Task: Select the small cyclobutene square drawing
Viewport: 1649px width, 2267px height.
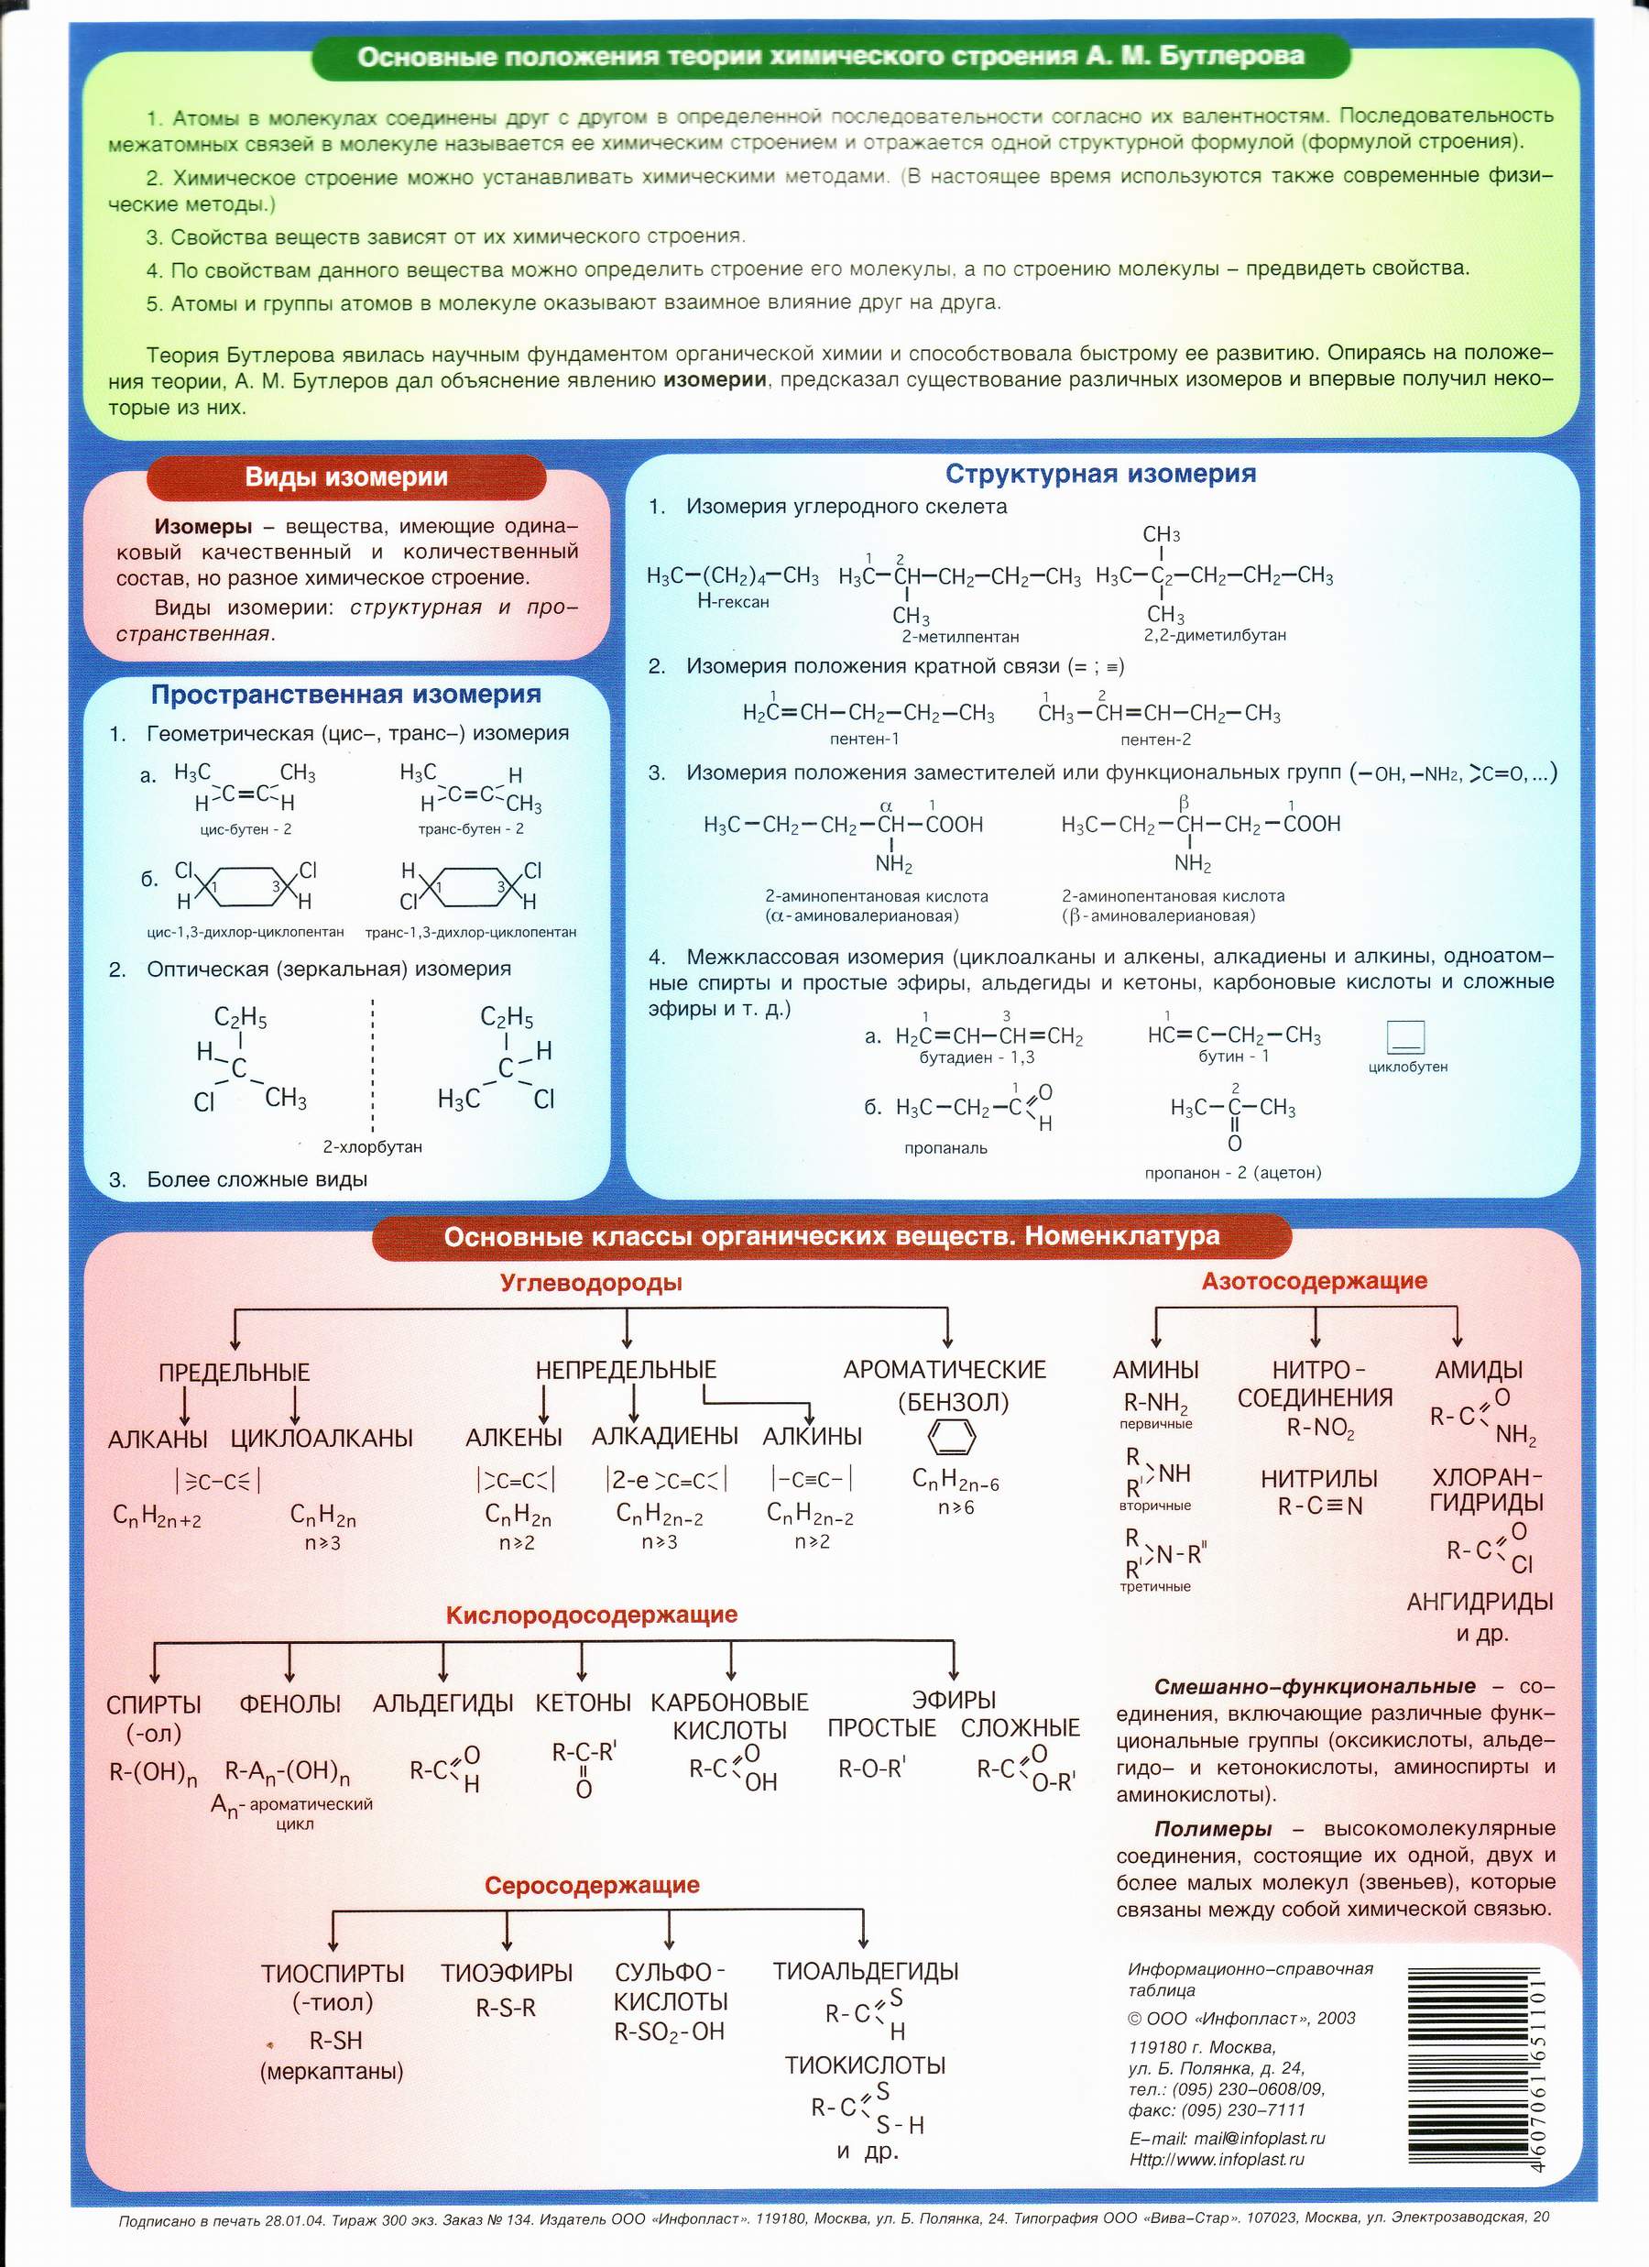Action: (x=1405, y=1036)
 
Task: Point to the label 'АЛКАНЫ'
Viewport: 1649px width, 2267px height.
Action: (x=158, y=1439)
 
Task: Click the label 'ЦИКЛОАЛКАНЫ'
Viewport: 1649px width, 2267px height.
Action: (x=321, y=1439)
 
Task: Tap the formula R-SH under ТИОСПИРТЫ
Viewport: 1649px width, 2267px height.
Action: (x=336, y=2040)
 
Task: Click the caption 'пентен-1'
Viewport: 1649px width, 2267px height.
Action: (x=865, y=739)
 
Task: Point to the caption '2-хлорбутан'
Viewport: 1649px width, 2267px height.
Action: (x=372, y=1146)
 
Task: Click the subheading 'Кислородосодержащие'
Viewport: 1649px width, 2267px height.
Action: (x=592, y=1615)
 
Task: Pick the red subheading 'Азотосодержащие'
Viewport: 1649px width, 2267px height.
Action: (x=1315, y=1280)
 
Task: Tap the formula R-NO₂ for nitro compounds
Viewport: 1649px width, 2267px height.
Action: (x=1320, y=1429)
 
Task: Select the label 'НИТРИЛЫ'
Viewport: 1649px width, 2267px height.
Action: (x=1318, y=1478)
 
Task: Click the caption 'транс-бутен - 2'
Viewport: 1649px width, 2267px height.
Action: (x=471, y=828)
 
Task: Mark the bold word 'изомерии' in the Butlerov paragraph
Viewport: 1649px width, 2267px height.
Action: (x=715, y=380)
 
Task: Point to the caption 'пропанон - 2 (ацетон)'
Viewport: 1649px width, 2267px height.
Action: (x=1232, y=1173)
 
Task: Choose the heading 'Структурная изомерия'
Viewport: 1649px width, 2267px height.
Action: (x=1100, y=474)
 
